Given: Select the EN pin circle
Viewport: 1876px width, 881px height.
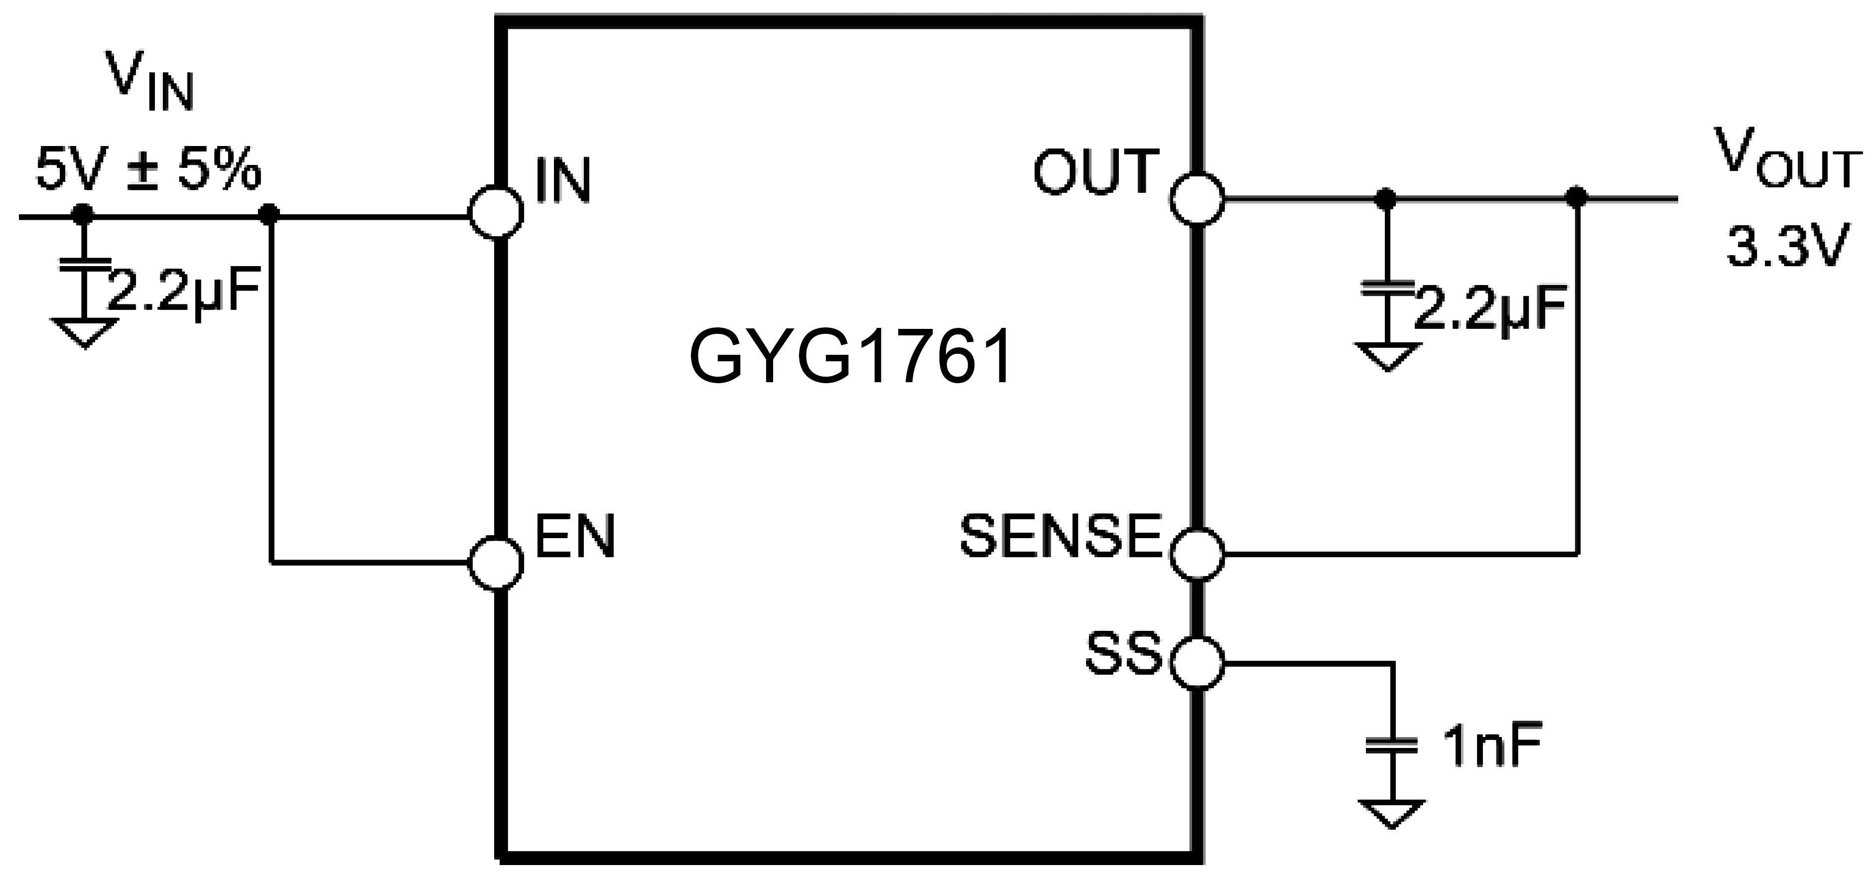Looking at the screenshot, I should (496, 563).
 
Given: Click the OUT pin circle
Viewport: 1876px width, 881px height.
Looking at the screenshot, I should (1197, 198).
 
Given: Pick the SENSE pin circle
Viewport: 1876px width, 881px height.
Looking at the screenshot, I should (1197, 554).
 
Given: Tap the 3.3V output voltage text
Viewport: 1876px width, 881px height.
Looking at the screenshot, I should (1788, 248).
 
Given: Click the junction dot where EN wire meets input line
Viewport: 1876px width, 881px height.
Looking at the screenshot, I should (270, 213).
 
